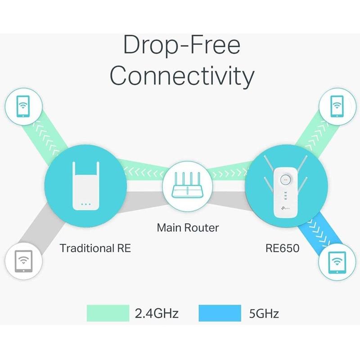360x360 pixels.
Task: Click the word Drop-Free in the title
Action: tap(182, 47)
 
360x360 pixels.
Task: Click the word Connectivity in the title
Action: tap(182, 76)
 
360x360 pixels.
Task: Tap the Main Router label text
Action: tap(188, 228)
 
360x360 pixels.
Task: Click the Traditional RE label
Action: tap(95, 248)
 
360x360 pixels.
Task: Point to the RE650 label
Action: tap(282, 248)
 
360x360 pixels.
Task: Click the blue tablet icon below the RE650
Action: tap(337, 261)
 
